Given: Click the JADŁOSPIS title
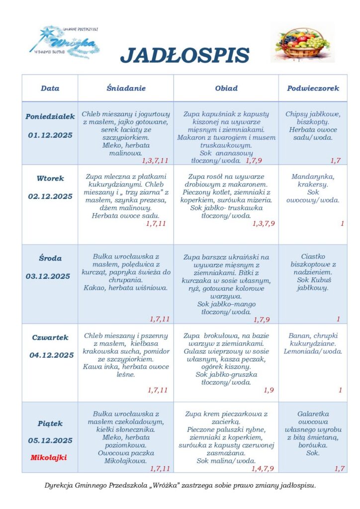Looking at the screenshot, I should click(184, 55).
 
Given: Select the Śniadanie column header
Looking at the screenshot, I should click(126, 88).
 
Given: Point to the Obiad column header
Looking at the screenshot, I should click(226, 88).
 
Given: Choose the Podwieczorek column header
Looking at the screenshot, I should click(313, 88).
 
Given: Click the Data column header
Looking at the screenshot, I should click(50, 88).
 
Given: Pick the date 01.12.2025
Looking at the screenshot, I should click(50, 135).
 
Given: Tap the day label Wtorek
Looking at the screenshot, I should click(50, 178).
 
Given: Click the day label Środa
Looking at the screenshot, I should click(50, 258).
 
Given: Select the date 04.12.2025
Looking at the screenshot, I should click(50, 355).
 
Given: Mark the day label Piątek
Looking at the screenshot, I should click(50, 424).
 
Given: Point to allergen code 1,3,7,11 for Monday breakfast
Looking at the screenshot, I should click(155, 161).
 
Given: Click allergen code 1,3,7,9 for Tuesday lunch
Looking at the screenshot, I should click(263, 224).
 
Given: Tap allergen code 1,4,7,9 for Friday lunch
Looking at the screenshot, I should click(263, 468).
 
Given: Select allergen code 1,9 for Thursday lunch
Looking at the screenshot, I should click(269, 390).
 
